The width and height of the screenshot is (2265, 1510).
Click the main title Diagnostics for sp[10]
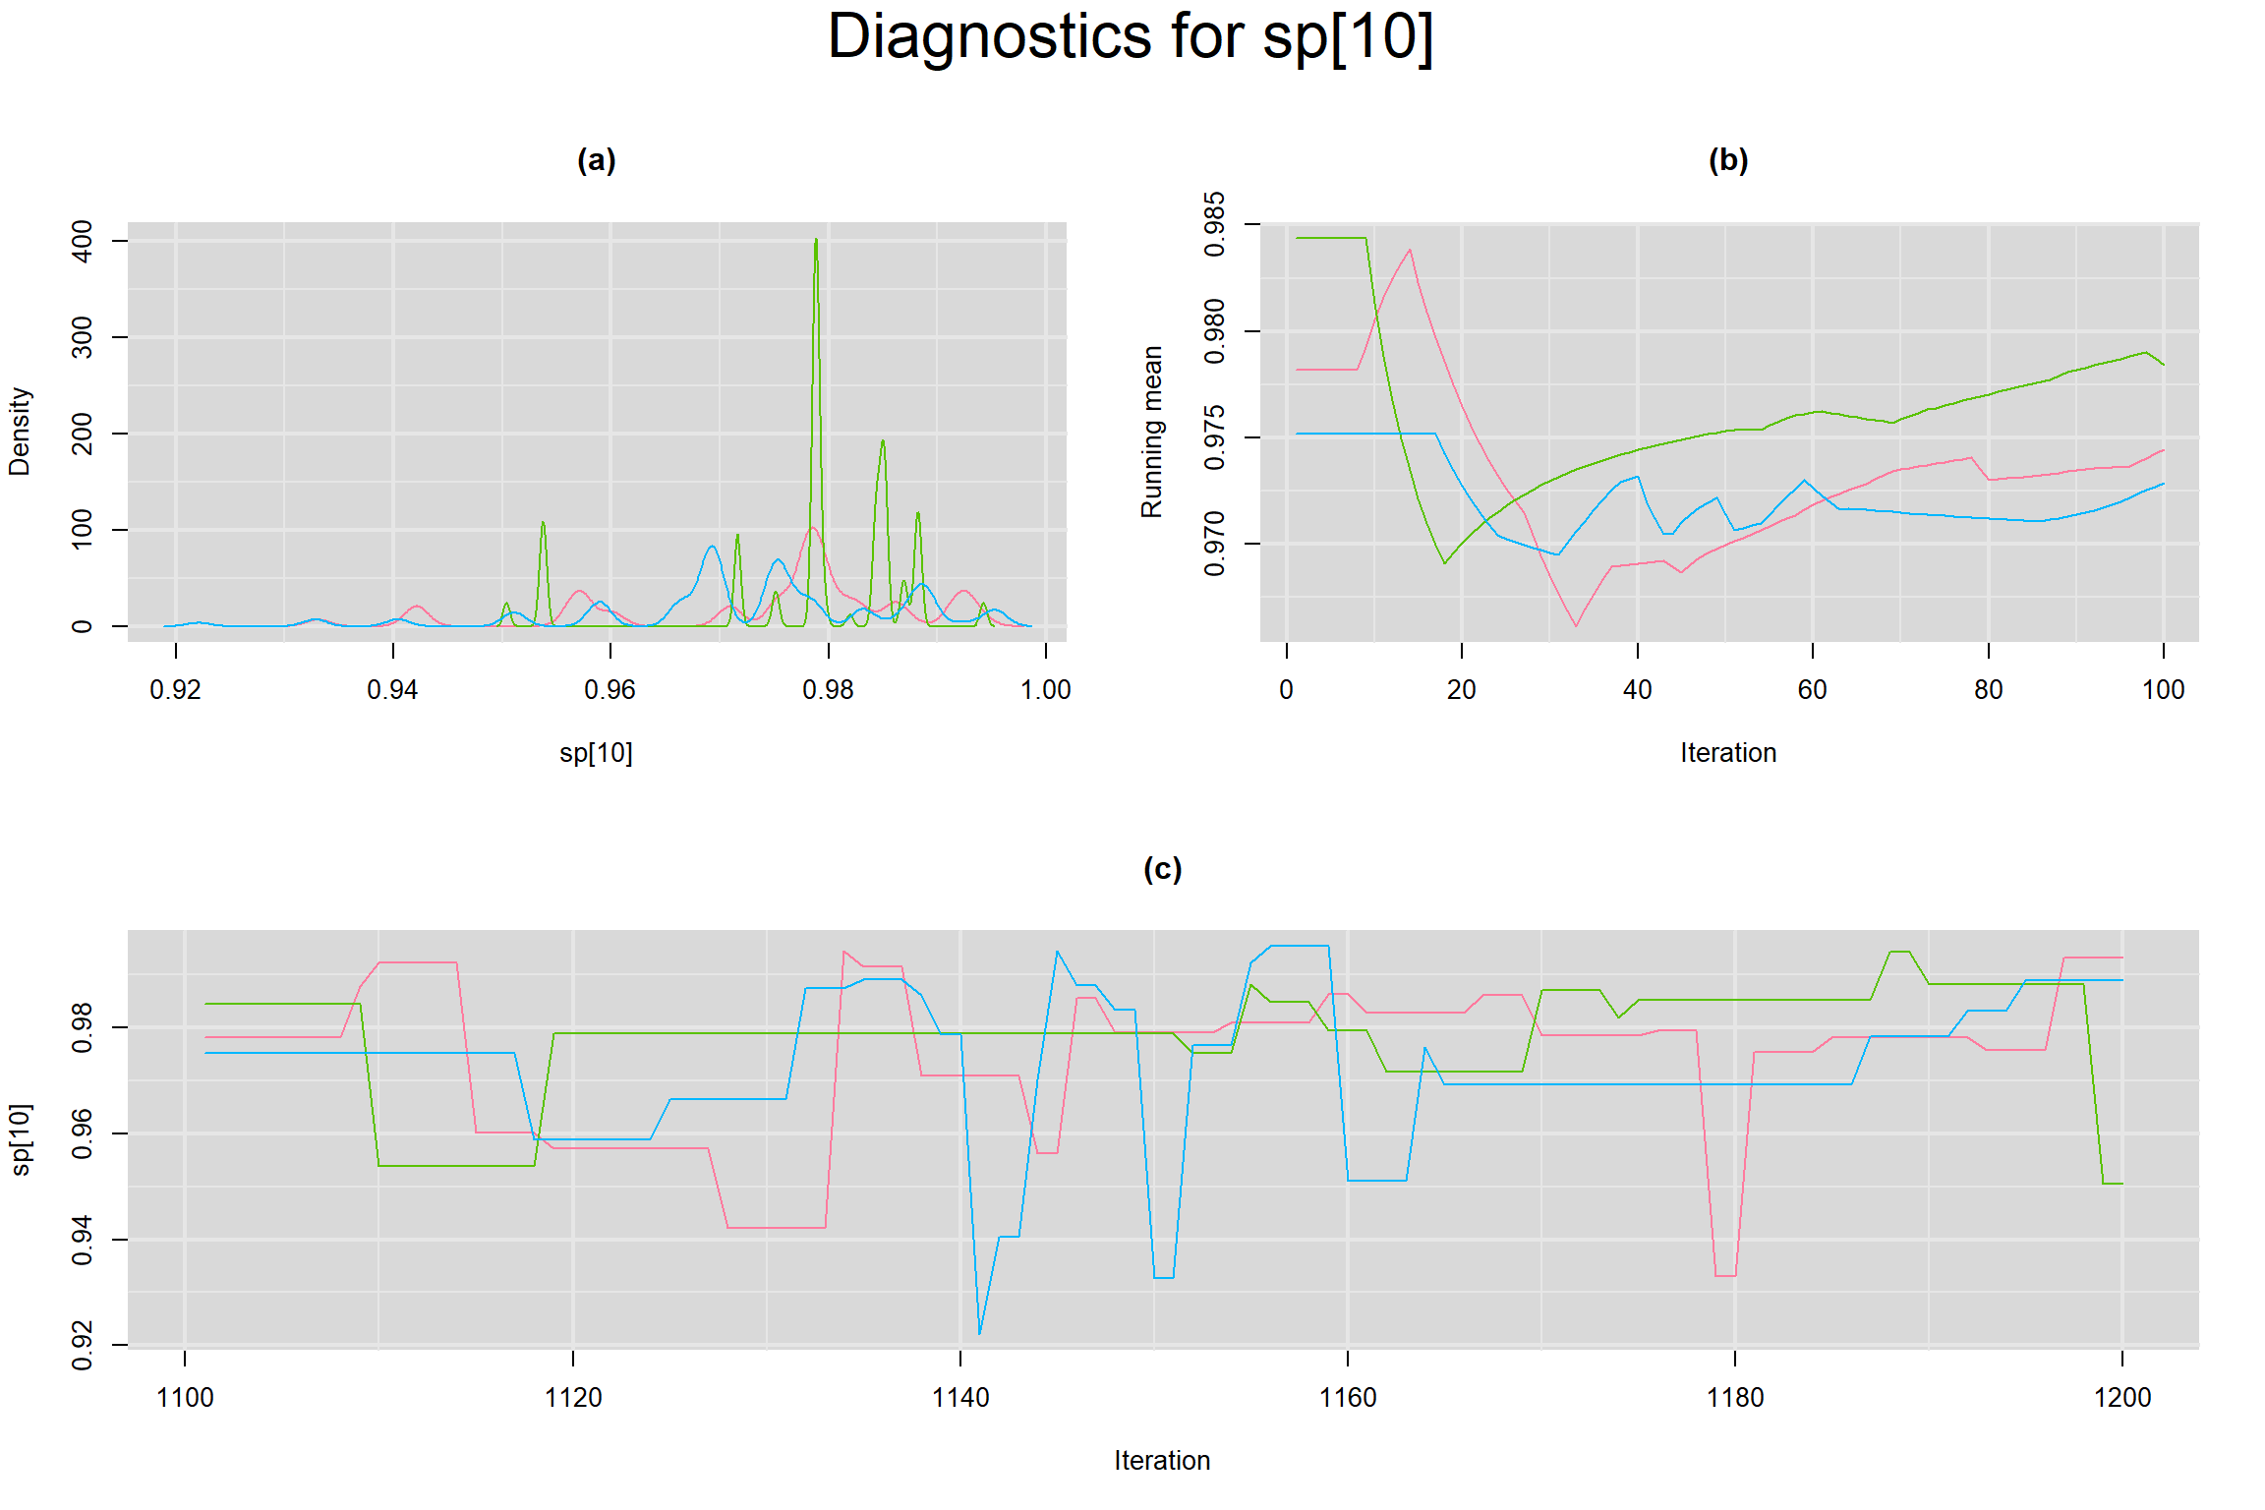point(1131,37)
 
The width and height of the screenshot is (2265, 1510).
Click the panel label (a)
point(596,160)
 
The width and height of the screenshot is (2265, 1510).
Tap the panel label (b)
point(1728,160)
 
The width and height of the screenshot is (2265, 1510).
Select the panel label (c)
point(1162,869)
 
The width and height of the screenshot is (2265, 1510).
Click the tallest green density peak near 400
point(816,241)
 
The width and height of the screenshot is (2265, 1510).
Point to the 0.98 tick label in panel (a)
point(828,690)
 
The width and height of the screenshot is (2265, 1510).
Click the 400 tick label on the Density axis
point(83,241)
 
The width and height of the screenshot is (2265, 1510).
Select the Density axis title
point(20,432)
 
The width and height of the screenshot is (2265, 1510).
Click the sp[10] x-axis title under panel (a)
point(596,753)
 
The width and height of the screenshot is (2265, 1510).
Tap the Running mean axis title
point(1152,432)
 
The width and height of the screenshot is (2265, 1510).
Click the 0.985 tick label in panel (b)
point(1215,225)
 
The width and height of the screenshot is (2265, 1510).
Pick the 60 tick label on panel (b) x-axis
point(1812,690)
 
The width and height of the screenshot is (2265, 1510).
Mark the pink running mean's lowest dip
point(1576,625)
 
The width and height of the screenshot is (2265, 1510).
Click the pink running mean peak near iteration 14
point(1410,250)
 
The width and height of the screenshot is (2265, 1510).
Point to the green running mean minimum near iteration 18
point(1444,562)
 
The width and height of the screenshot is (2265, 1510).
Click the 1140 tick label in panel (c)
point(959,1398)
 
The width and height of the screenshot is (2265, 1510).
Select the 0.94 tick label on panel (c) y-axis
point(83,1241)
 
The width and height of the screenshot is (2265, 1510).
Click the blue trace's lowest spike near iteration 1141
point(980,1333)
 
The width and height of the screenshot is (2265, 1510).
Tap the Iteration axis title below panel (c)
point(1162,1461)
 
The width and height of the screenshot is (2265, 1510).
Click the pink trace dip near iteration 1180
point(1725,1275)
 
